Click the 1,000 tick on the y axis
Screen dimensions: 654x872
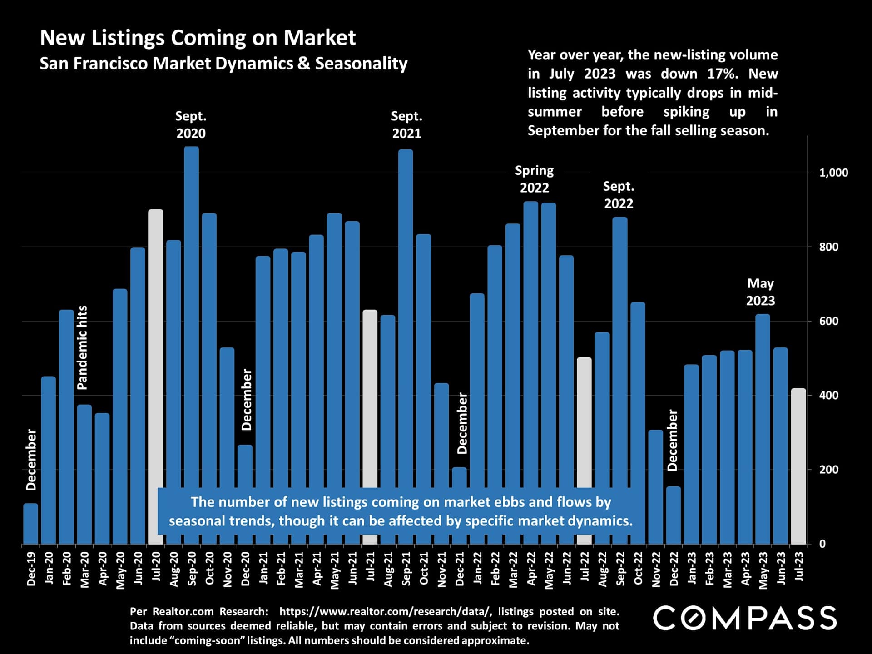click(x=833, y=173)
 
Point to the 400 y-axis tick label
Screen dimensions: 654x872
click(x=829, y=395)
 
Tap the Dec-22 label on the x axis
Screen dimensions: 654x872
click(x=674, y=569)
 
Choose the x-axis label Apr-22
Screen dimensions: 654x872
click(x=531, y=569)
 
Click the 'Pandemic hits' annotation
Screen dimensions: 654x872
click(x=82, y=347)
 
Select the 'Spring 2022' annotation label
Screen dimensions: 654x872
click(x=535, y=179)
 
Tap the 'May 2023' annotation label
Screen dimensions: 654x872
click(x=760, y=292)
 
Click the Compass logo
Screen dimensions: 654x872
click(x=744, y=618)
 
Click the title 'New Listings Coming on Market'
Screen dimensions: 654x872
click(x=198, y=38)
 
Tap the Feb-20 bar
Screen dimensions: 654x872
click(x=66, y=427)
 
